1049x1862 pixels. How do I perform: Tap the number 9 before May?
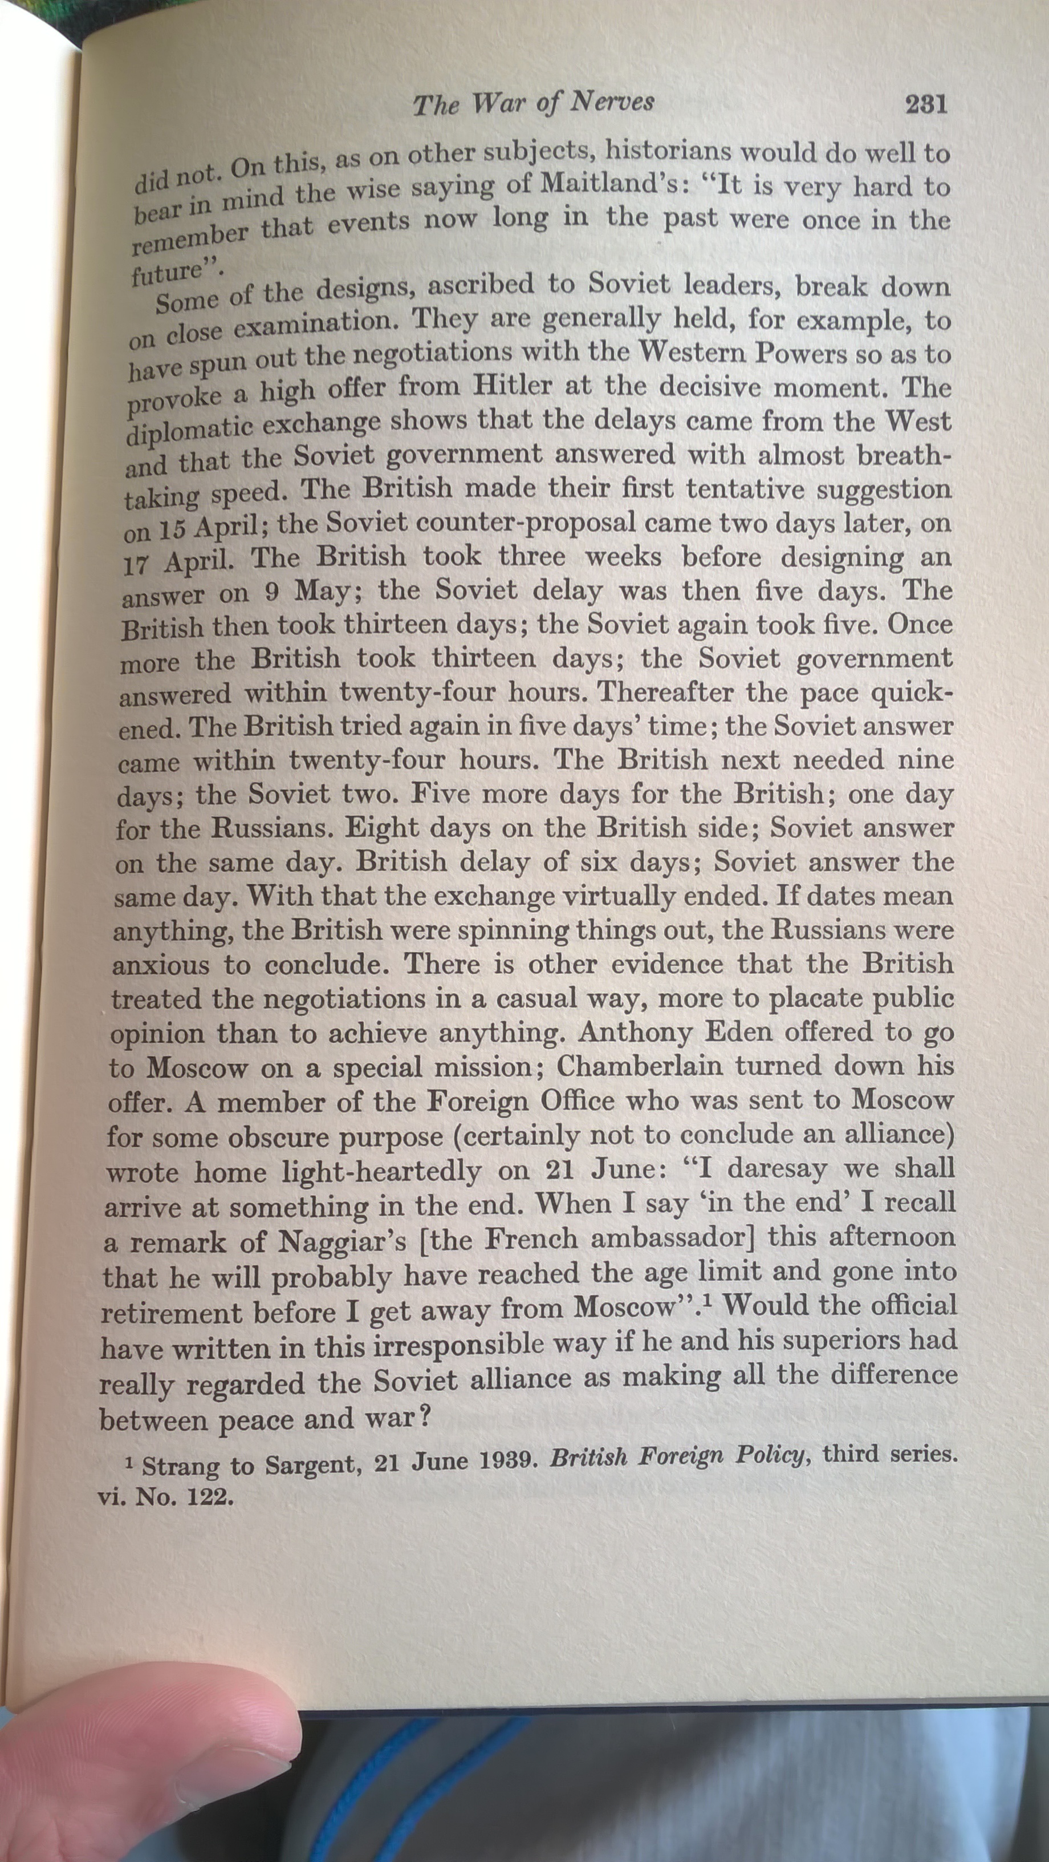coord(271,592)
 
